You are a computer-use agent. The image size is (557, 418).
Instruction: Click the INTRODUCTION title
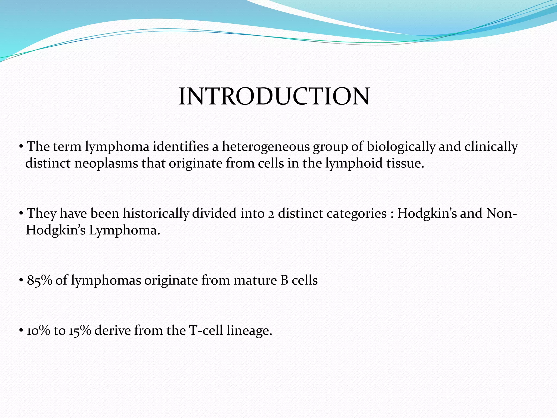pyautogui.click(x=274, y=97)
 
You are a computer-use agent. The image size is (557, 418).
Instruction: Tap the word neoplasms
pyautogui.click(x=106, y=164)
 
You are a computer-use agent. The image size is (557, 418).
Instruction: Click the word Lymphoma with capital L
pyautogui.click(x=125, y=230)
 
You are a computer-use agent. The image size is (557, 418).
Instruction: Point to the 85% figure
pyautogui.click(x=39, y=280)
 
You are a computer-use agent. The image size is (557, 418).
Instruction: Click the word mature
pyautogui.click(x=255, y=280)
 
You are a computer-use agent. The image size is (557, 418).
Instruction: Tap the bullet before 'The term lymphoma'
pyautogui.click(x=21, y=147)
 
